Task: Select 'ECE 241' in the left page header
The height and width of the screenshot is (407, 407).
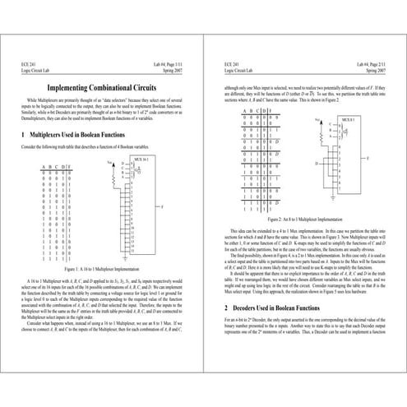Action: [x=29, y=63]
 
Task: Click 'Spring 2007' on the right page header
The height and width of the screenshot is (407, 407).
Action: [x=372, y=71]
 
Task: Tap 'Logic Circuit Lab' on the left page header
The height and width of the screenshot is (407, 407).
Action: [x=38, y=71]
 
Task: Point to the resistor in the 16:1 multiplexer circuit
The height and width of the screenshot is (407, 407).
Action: [x=114, y=169]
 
